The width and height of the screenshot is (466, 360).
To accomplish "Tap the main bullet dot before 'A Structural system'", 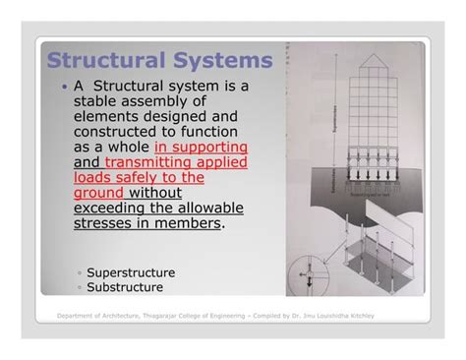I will [x=65, y=88].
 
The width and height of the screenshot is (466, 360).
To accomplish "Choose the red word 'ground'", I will [x=101, y=193].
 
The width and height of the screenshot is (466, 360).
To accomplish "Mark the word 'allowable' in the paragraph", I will [x=211, y=209].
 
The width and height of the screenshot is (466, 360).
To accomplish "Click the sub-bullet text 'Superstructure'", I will [x=131, y=272].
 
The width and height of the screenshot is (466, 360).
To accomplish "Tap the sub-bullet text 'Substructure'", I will [x=125, y=287].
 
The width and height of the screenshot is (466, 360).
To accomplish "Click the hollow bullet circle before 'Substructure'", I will [x=80, y=288].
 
